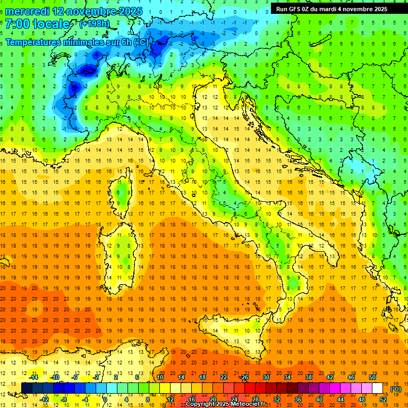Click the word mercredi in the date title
tap(27, 11)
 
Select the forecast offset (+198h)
tap(94, 24)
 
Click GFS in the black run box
tap(296, 9)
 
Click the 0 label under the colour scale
tap(105, 399)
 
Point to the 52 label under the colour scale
tap(382, 399)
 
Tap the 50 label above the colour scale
tap(372, 377)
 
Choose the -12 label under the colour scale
tap(44, 399)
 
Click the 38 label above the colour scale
tap(308, 377)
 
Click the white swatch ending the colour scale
tap(377, 388)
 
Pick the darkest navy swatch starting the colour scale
tap(27, 388)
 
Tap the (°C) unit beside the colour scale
tap(396, 389)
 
